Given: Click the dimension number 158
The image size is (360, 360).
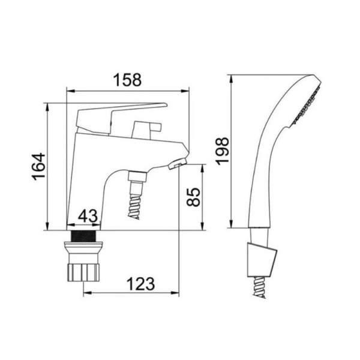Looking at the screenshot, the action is [x=128, y=80].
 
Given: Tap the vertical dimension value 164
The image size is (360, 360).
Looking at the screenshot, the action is [x=38, y=167].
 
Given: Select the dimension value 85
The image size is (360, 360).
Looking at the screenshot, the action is [x=193, y=197].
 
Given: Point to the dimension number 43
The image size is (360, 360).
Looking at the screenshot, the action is [x=88, y=216].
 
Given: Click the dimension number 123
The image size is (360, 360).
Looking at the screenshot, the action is [x=141, y=284].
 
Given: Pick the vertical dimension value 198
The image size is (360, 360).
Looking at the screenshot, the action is [x=222, y=151].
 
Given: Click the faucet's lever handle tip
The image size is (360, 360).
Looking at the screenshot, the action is [x=166, y=105].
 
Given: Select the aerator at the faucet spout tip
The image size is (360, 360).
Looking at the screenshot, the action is [x=177, y=164].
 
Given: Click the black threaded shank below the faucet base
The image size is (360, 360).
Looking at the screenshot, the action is [x=83, y=236].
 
